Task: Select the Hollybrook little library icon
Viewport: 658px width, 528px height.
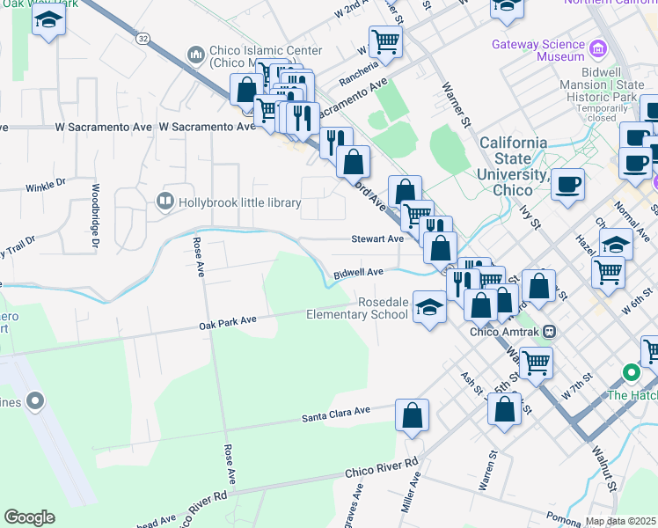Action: click(164, 202)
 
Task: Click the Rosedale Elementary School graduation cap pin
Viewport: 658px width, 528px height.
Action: click(428, 307)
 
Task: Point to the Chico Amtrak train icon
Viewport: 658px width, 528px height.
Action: click(550, 332)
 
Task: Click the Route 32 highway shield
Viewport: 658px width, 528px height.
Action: click(143, 38)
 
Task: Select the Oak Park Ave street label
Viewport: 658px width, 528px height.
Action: click(227, 320)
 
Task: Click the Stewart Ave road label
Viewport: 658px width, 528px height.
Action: click(377, 238)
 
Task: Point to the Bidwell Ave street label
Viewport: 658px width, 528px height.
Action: click(358, 274)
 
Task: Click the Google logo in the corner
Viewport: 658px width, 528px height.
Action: click(29, 517)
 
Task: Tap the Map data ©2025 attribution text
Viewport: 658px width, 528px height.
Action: click(621, 521)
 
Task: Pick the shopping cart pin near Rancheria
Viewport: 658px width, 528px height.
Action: click(385, 40)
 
